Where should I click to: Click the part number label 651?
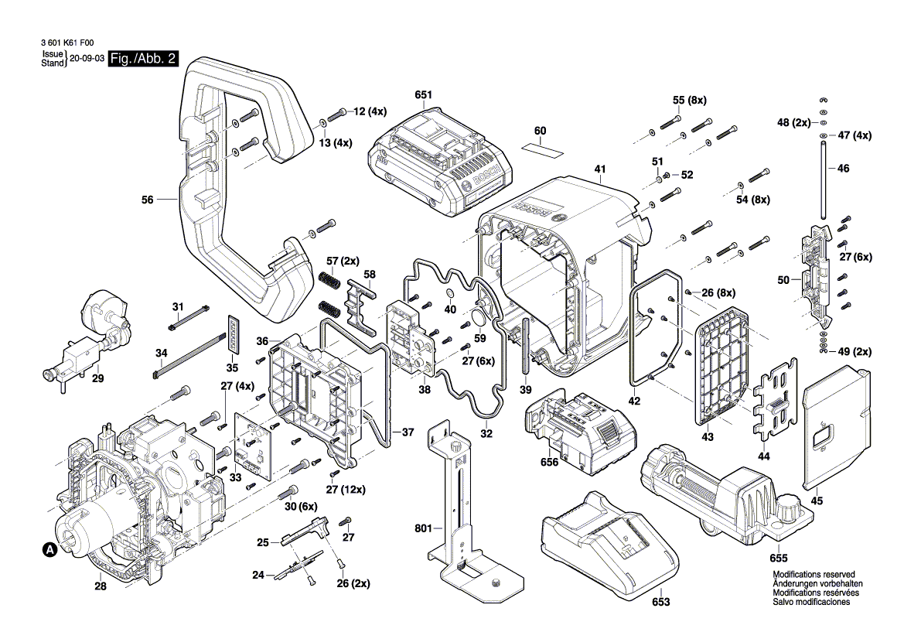click(x=423, y=95)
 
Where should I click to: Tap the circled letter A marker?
click(x=48, y=550)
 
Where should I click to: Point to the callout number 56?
click(x=148, y=200)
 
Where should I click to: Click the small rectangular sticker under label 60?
click(x=540, y=145)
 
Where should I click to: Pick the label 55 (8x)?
click(x=690, y=101)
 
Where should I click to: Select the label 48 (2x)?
click(x=793, y=122)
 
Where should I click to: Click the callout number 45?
click(x=817, y=501)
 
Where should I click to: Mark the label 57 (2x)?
click(x=341, y=261)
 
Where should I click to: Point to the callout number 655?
click(x=779, y=557)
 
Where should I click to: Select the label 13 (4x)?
click(x=336, y=143)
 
